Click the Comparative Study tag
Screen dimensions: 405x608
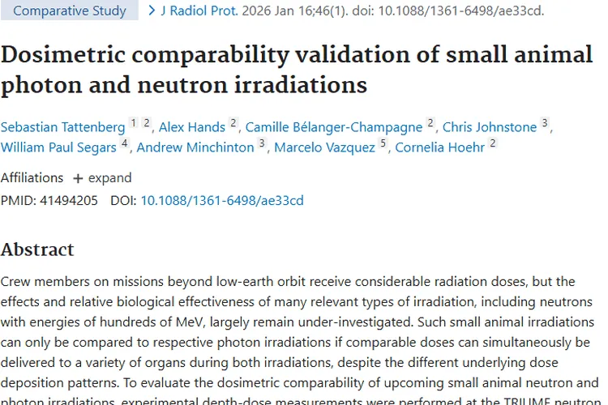(x=70, y=11)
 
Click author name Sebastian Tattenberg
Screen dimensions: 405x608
(x=63, y=127)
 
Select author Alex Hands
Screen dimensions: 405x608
(x=192, y=127)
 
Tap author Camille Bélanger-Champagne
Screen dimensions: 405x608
(x=334, y=127)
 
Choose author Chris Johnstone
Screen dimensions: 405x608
(x=490, y=127)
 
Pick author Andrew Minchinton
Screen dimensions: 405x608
(x=195, y=147)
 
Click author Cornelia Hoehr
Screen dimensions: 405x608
(x=440, y=147)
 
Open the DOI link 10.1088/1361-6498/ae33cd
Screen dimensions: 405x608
(x=222, y=200)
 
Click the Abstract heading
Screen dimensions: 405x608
(x=37, y=249)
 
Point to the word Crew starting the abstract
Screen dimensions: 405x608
(x=17, y=282)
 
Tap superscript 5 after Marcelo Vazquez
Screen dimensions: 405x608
(x=383, y=144)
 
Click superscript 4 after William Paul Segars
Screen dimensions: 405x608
(x=125, y=144)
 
